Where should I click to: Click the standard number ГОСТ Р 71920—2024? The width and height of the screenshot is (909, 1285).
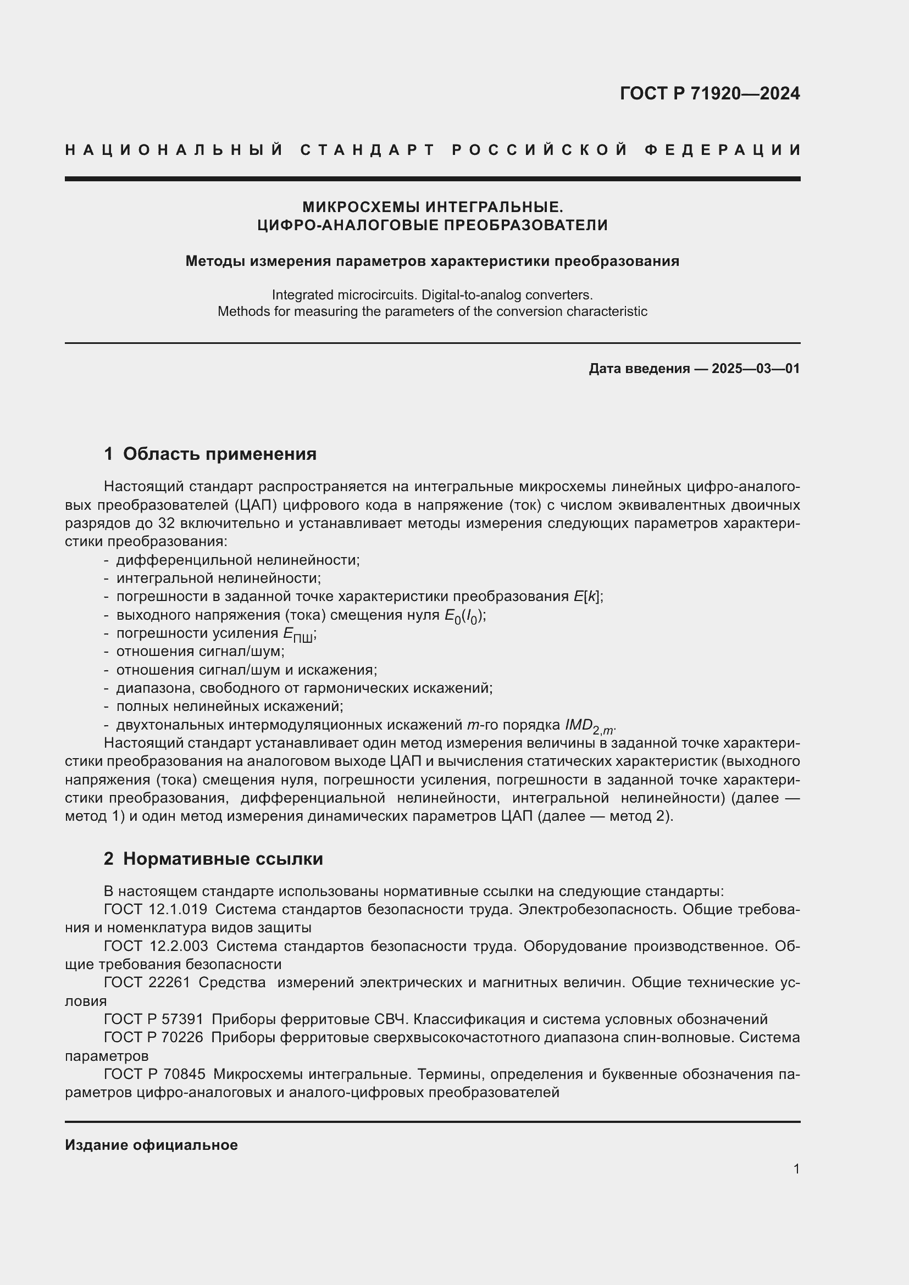[709, 93]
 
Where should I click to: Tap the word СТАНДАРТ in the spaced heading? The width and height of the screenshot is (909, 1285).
[368, 150]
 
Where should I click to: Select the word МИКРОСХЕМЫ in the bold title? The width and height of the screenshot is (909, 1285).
[362, 207]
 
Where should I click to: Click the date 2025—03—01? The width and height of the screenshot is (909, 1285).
[756, 368]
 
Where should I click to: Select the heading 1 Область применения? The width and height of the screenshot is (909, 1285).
[210, 453]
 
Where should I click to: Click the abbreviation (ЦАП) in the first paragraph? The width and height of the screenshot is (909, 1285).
[256, 505]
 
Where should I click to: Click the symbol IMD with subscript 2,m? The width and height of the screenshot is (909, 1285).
[589, 725]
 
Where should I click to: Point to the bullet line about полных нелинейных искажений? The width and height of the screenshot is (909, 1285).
[230, 707]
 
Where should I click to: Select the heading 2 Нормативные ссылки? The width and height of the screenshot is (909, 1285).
[213, 859]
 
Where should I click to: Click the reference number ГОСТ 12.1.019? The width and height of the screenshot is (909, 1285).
[156, 909]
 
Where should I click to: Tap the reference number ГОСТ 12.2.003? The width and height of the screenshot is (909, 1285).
[156, 946]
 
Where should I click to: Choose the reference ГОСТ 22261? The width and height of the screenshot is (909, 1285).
[147, 982]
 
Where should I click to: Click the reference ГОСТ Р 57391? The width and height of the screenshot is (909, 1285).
[153, 1019]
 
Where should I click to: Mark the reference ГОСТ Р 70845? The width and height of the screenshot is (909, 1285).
[154, 1074]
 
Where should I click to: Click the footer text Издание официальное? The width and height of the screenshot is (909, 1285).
[151, 1144]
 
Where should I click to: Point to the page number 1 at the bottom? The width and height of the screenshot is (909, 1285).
[796, 1169]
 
